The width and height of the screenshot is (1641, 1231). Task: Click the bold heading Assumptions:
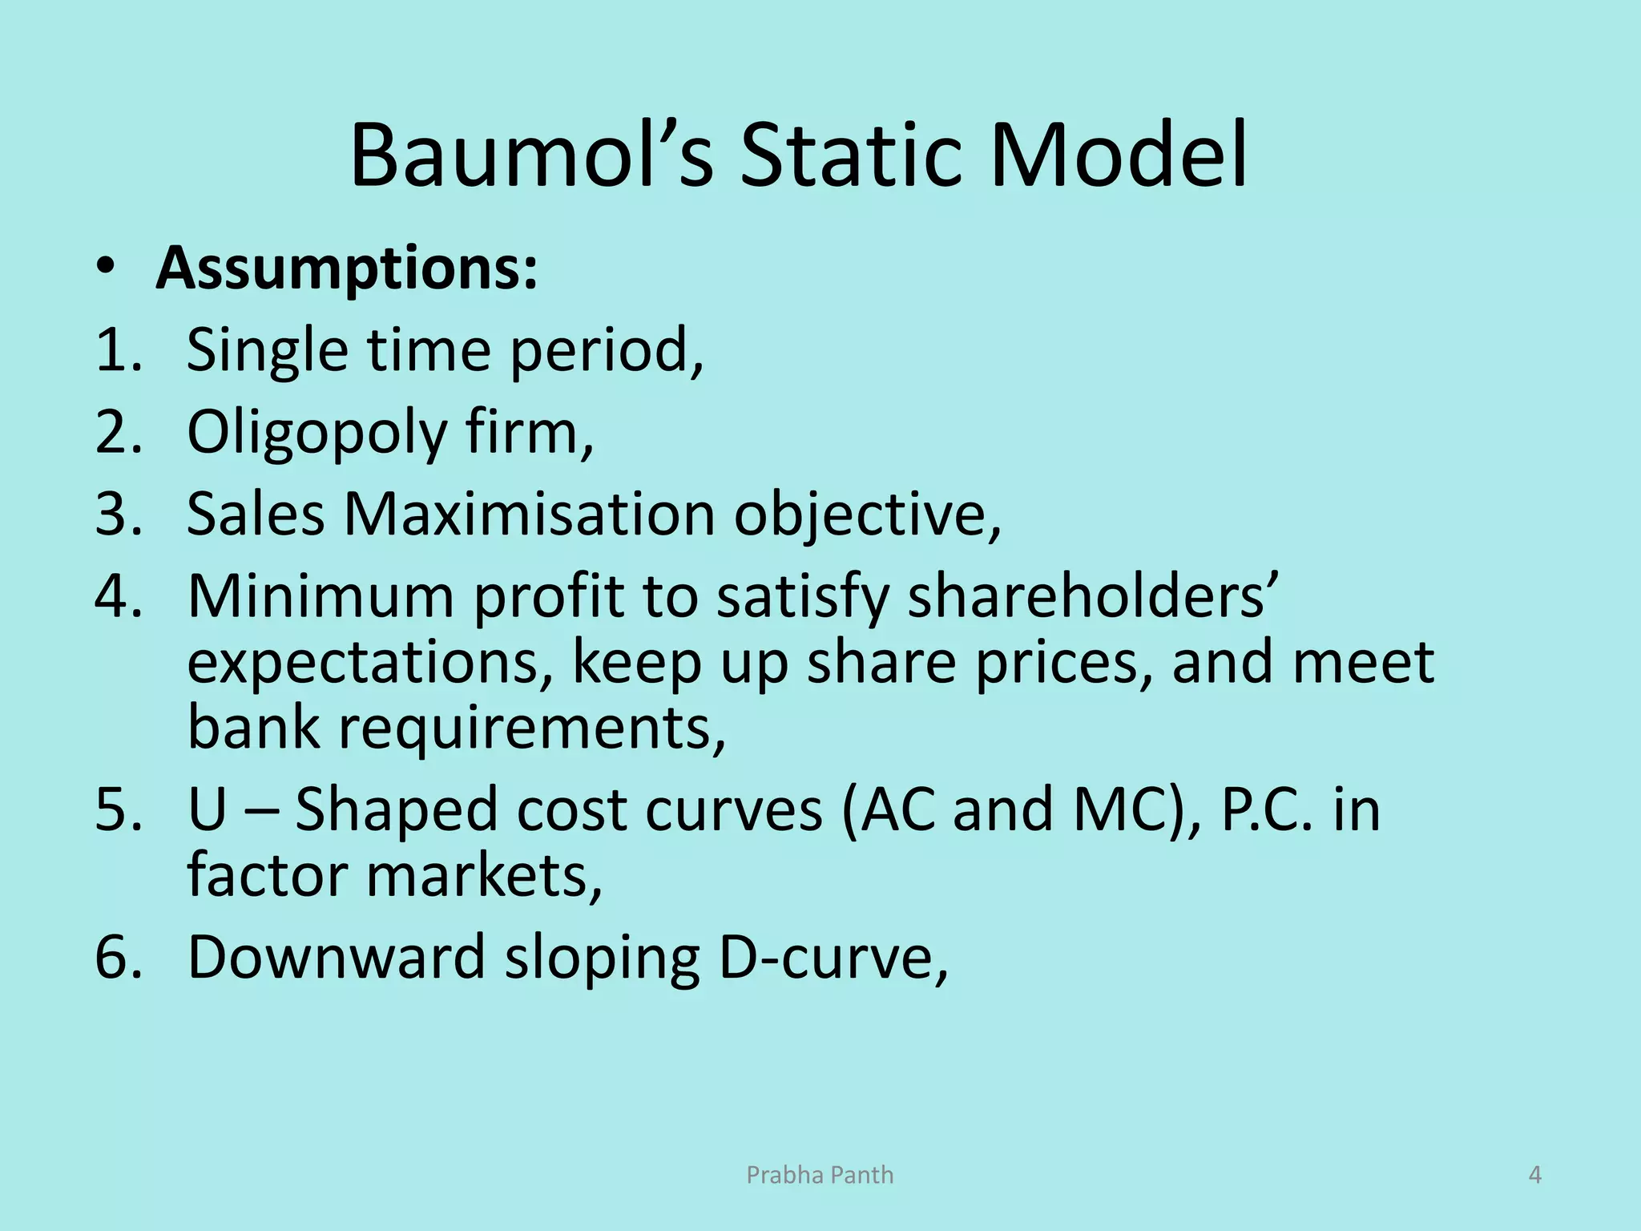click(x=346, y=268)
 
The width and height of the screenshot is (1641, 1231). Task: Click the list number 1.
click(x=117, y=350)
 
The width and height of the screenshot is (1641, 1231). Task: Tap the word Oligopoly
click(x=317, y=433)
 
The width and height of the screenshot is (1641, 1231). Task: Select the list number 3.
click(x=117, y=514)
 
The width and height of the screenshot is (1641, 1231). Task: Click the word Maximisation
click(x=529, y=514)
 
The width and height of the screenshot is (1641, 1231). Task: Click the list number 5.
click(x=117, y=809)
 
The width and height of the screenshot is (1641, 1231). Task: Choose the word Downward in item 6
click(x=337, y=957)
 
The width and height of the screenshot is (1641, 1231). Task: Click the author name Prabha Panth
click(x=820, y=1175)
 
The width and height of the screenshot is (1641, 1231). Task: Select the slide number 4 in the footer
click(x=1535, y=1175)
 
